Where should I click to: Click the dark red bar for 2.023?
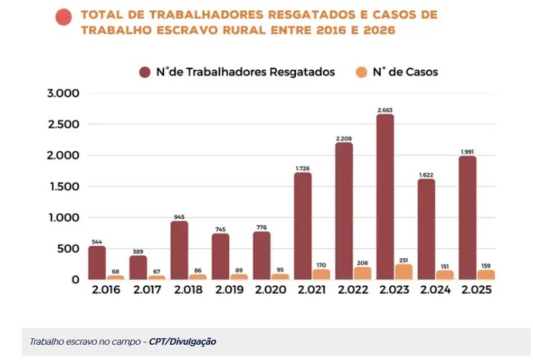[x=385, y=196]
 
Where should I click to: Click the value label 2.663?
[x=385, y=110]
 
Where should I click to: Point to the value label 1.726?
[x=303, y=168]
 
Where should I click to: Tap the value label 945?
[x=179, y=217]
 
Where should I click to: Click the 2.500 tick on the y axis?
[x=63, y=124]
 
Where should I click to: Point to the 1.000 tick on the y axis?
[x=63, y=217]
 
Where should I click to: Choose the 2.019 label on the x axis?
[x=230, y=290]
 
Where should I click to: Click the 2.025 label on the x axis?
[x=476, y=290]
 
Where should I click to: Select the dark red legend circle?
[x=145, y=72]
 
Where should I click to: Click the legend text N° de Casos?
[x=405, y=72]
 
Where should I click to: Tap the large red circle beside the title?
[x=64, y=16]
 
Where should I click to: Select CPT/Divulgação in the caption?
[x=183, y=341]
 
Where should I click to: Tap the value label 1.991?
[x=468, y=151]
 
